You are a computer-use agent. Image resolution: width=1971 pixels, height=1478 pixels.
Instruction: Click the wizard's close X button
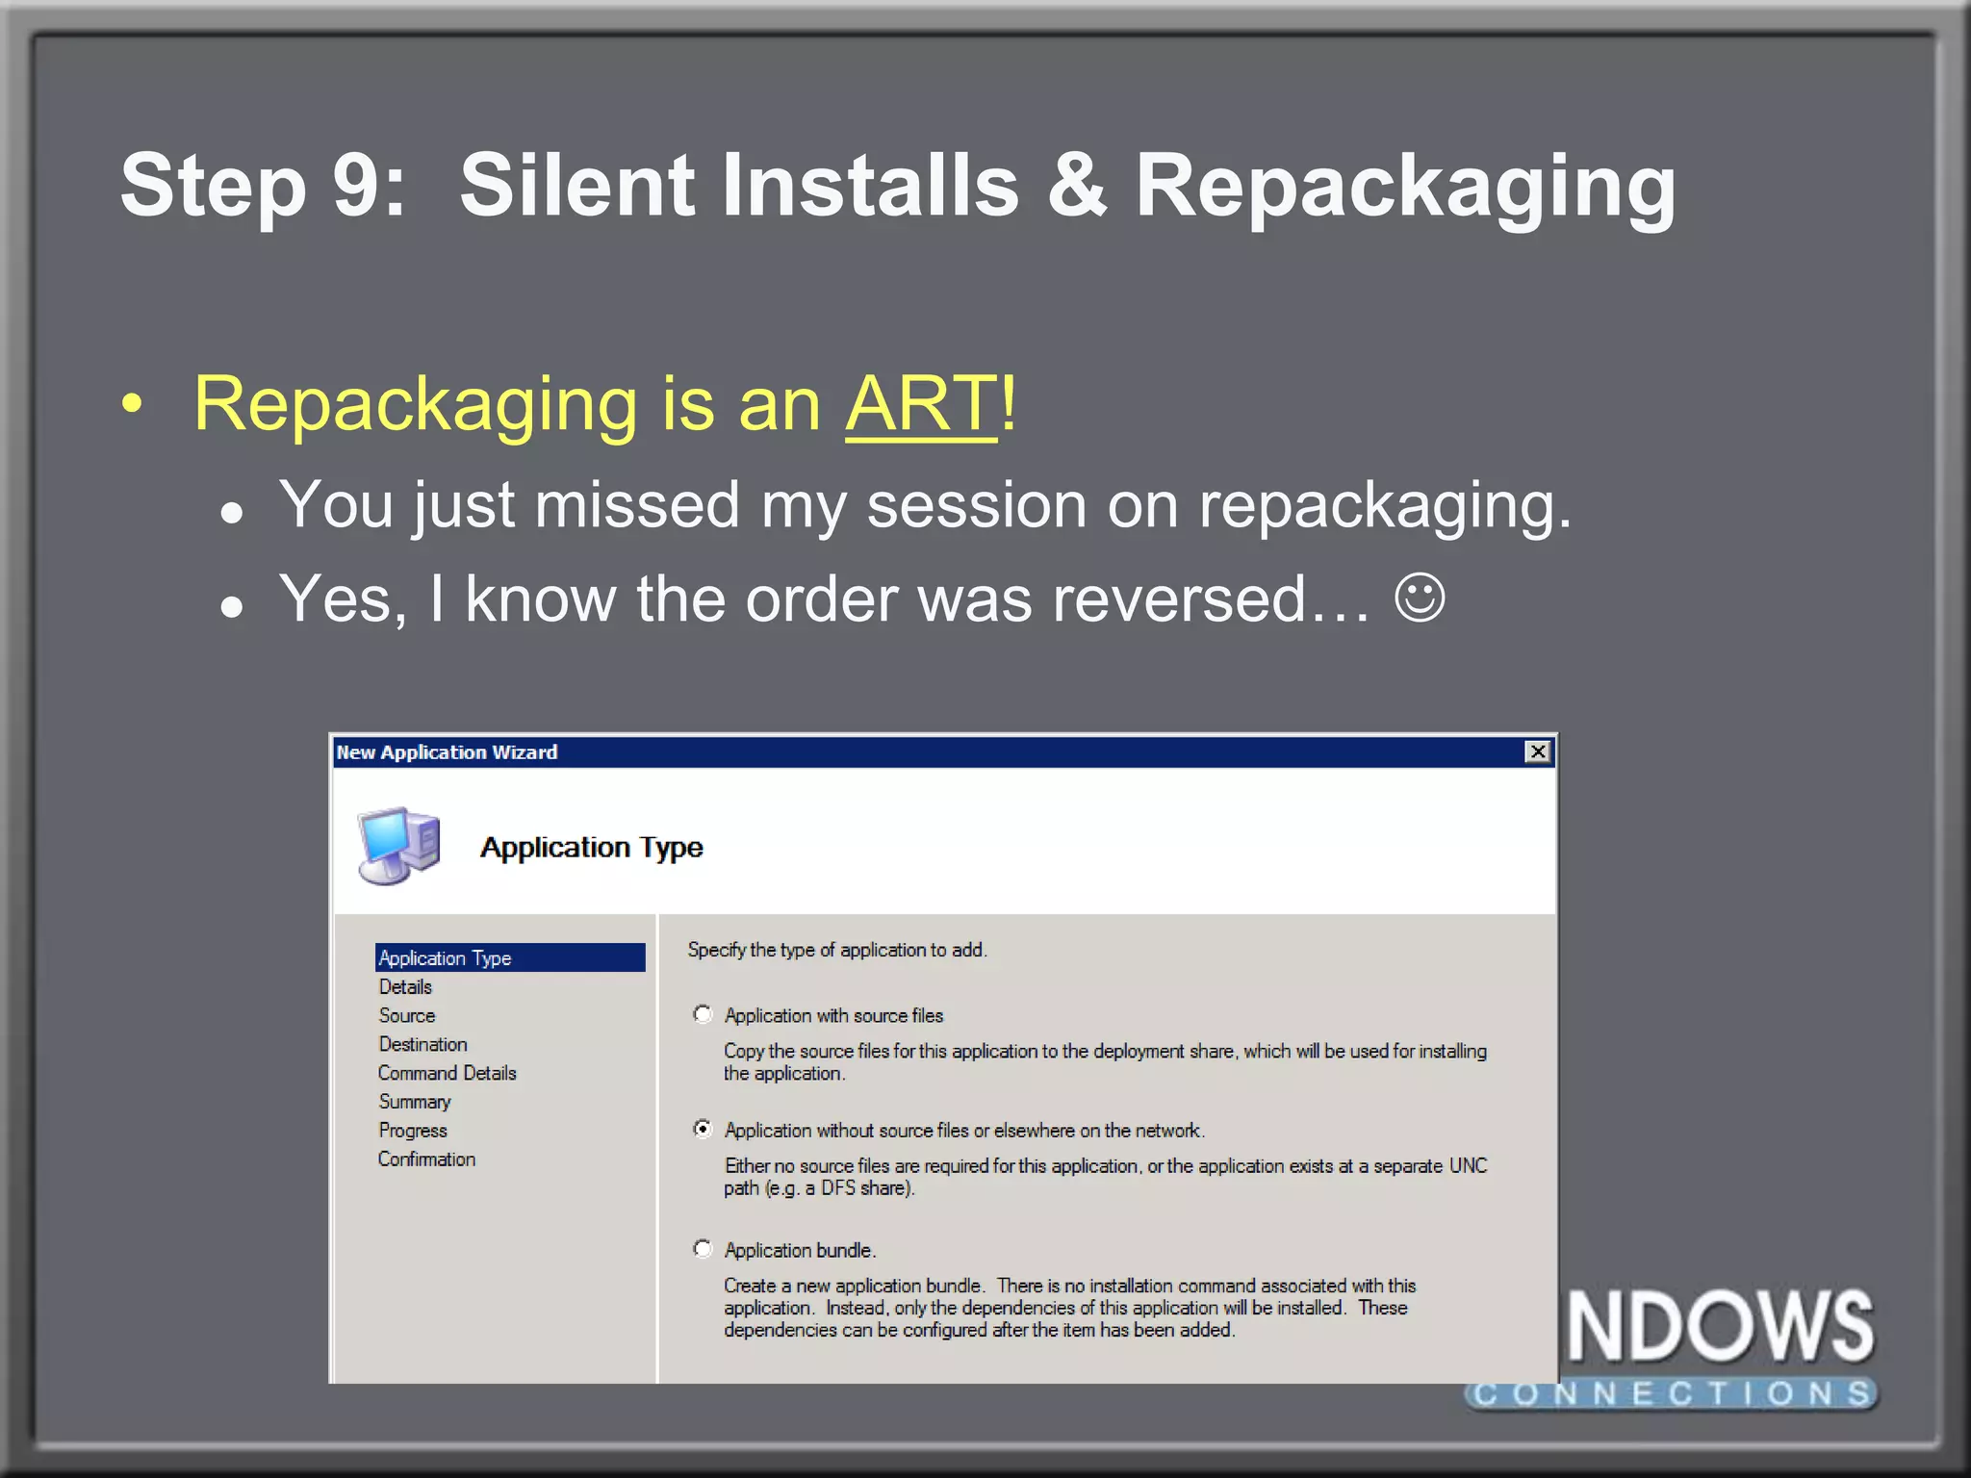pos(1538,752)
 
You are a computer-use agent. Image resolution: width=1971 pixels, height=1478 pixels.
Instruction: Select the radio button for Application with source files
pos(703,1014)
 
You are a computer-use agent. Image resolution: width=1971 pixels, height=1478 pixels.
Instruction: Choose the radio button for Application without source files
pos(703,1129)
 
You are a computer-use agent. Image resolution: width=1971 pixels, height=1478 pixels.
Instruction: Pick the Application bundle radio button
pos(703,1249)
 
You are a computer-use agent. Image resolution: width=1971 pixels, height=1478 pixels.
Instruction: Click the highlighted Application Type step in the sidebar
pos(445,957)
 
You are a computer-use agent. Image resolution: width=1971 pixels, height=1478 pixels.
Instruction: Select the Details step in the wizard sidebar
pos(405,986)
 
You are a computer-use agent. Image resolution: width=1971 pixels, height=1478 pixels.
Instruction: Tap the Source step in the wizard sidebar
pos(406,1015)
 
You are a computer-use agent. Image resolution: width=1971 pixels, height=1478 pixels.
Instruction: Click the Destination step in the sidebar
pos(422,1044)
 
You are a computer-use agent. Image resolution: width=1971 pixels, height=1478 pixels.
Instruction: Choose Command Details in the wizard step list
pos(447,1073)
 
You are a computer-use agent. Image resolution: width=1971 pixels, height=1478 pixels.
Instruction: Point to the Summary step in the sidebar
pos(414,1102)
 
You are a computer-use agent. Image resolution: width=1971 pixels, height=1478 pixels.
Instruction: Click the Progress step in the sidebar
pos(412,1131)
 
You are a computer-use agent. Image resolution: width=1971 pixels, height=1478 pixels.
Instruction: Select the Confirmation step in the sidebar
pos(426,1159)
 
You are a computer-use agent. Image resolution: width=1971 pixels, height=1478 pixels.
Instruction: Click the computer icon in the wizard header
pos(399,844)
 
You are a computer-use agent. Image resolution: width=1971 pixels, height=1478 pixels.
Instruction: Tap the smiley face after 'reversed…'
pos(1420,599)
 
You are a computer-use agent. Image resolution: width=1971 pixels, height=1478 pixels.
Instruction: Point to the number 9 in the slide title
pos(355,186)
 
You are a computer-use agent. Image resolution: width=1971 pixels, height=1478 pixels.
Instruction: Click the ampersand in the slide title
pos(1076,186)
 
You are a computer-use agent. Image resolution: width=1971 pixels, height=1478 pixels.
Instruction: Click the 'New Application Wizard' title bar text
pos(447,752)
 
